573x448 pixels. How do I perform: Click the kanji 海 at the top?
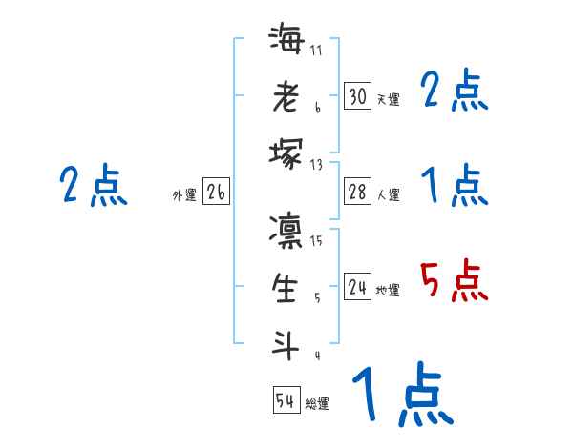pyautogui.click(x=286, y=42)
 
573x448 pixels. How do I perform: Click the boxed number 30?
pyautogui.click(x=357, y=96)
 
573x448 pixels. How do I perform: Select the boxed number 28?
pyautogui.click(x=357, y=192)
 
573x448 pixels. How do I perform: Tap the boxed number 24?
pyautogui.click(x=357, y=287)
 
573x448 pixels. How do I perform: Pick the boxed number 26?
pyautogui.click(x=216, y=193)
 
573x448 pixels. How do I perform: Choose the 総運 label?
pyautogui.click(x=317, y=404)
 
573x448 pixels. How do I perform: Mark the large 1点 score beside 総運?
pyautogui.click(x=401, y=396)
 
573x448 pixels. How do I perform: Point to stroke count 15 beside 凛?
pyautogui.click(x=317, y=240)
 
